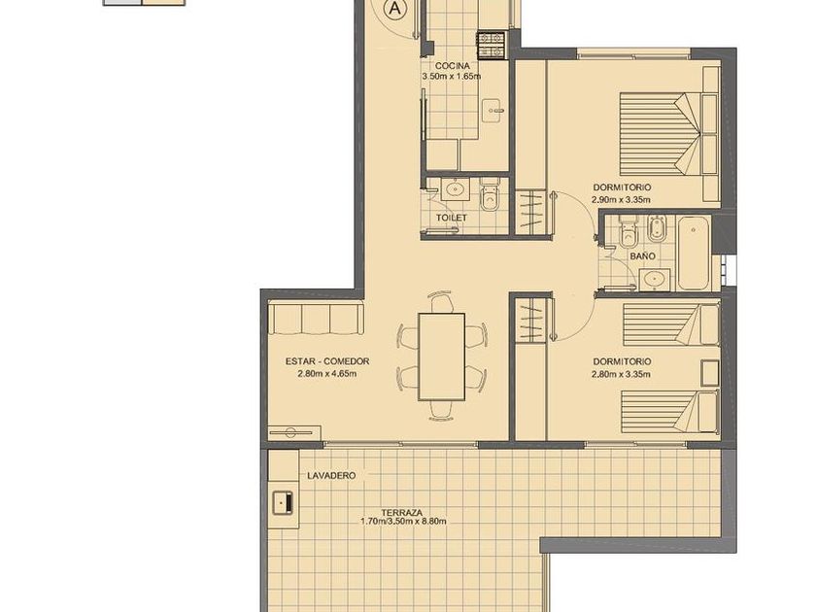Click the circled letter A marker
click(395, 8)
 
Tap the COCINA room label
click(453, 66)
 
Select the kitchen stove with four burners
click(492, 45)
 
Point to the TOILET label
click(451, 218)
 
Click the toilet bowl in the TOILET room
click(491, 195)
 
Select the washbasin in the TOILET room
click(456, 188)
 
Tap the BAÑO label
click(642, 256)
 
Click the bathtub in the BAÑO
click(694, 254)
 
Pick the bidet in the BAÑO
click(657, 229)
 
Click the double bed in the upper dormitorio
click(668, 134)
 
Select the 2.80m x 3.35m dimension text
click(621, 374)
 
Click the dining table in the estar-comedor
click(442, 357)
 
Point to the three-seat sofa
click(316, 319)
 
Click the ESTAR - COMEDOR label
click(327, 361)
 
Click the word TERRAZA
click(404, 512)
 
